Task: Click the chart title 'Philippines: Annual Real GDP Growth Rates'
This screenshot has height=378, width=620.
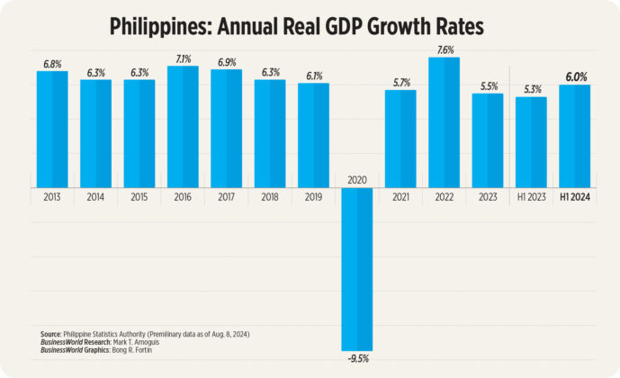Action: [297, 26]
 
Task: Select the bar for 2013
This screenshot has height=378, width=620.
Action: [52, 129]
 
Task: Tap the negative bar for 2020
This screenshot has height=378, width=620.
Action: [356, 270]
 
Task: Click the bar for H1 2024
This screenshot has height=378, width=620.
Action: [574, 136]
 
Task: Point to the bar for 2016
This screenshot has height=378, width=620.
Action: [183, 126]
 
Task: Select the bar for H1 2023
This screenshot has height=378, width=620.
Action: [531, 141]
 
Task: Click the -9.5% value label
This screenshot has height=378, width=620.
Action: [356, 358]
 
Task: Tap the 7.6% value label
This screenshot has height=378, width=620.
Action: [444, 50]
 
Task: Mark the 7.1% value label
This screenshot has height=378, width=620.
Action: [183, 58]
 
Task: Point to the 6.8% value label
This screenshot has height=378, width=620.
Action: [52, 64]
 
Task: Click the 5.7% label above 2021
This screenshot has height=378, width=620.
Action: [400, 83]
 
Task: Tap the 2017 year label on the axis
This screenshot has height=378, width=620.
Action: [226, 195]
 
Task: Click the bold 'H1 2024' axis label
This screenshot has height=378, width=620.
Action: [574, 195]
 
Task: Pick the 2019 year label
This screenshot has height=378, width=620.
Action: [313, 195]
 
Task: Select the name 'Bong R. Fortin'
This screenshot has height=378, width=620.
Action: [131, 349]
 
